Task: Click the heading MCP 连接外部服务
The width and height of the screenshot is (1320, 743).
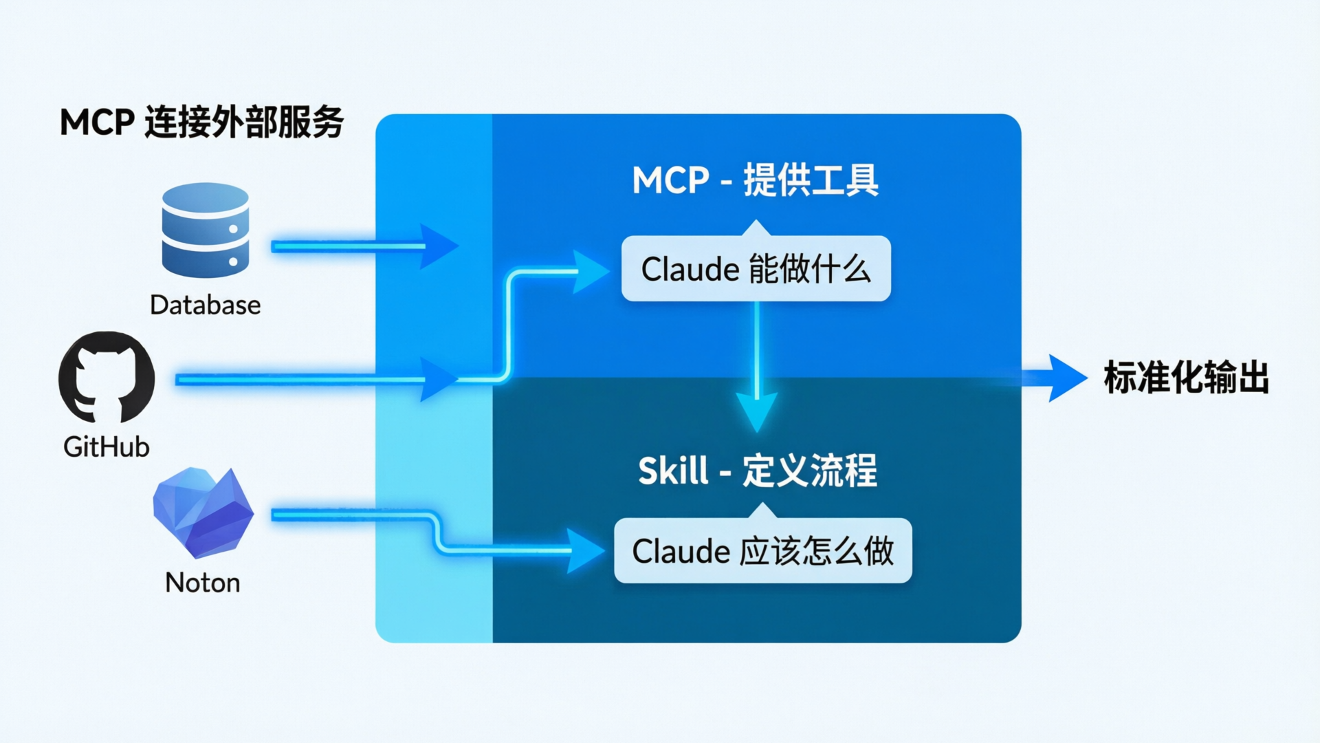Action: (201, 122)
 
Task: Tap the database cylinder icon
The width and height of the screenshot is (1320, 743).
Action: (205, 230)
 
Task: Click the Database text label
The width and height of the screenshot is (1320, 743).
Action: (205, 305)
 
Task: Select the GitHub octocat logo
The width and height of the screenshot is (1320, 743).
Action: (107, 377)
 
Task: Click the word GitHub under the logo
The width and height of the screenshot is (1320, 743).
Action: (107, 447)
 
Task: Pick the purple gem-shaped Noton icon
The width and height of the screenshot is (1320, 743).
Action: (203, 512)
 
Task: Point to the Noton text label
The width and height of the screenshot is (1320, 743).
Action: (203, 583)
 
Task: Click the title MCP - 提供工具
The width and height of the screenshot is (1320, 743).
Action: (755, 180)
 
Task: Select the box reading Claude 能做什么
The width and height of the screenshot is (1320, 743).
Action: (756, 268)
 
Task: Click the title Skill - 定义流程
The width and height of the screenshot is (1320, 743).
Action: (757, 471)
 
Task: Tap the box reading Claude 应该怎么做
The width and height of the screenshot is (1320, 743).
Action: (762, 551)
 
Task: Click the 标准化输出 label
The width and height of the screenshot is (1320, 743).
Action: (1186, 378)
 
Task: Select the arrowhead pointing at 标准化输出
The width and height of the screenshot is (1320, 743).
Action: (1066, 378)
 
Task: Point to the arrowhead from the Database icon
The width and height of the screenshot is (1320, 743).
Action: (439, 246)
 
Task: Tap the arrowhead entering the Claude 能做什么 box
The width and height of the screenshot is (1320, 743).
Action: (590, 272)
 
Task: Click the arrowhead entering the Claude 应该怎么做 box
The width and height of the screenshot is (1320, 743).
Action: (585, 550)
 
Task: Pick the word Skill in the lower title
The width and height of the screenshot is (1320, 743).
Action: (672, 471)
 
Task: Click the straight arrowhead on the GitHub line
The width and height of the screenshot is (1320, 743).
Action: (439, 379)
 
